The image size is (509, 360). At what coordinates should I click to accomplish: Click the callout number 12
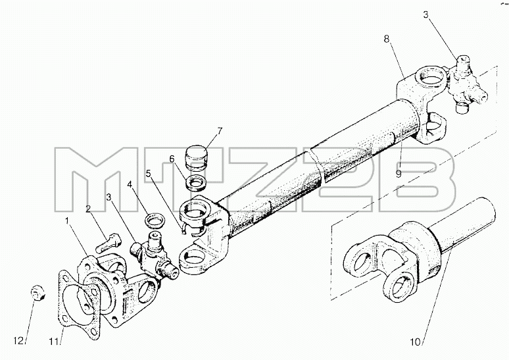coord(18,340)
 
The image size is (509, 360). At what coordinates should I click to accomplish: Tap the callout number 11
coord(53,341)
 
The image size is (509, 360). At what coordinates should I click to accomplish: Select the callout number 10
coord(415,342)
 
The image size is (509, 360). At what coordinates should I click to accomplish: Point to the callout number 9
coord(399,174)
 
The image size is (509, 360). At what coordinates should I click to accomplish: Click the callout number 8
coord(386,39)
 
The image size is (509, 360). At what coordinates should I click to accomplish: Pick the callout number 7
coord(220,131)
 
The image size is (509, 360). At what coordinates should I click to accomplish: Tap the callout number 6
coord(172,159)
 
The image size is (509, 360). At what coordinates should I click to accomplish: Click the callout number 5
coord(149,173)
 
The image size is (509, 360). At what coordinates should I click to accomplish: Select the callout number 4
coord(130,184)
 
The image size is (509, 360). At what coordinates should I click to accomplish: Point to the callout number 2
coord(88,209)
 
